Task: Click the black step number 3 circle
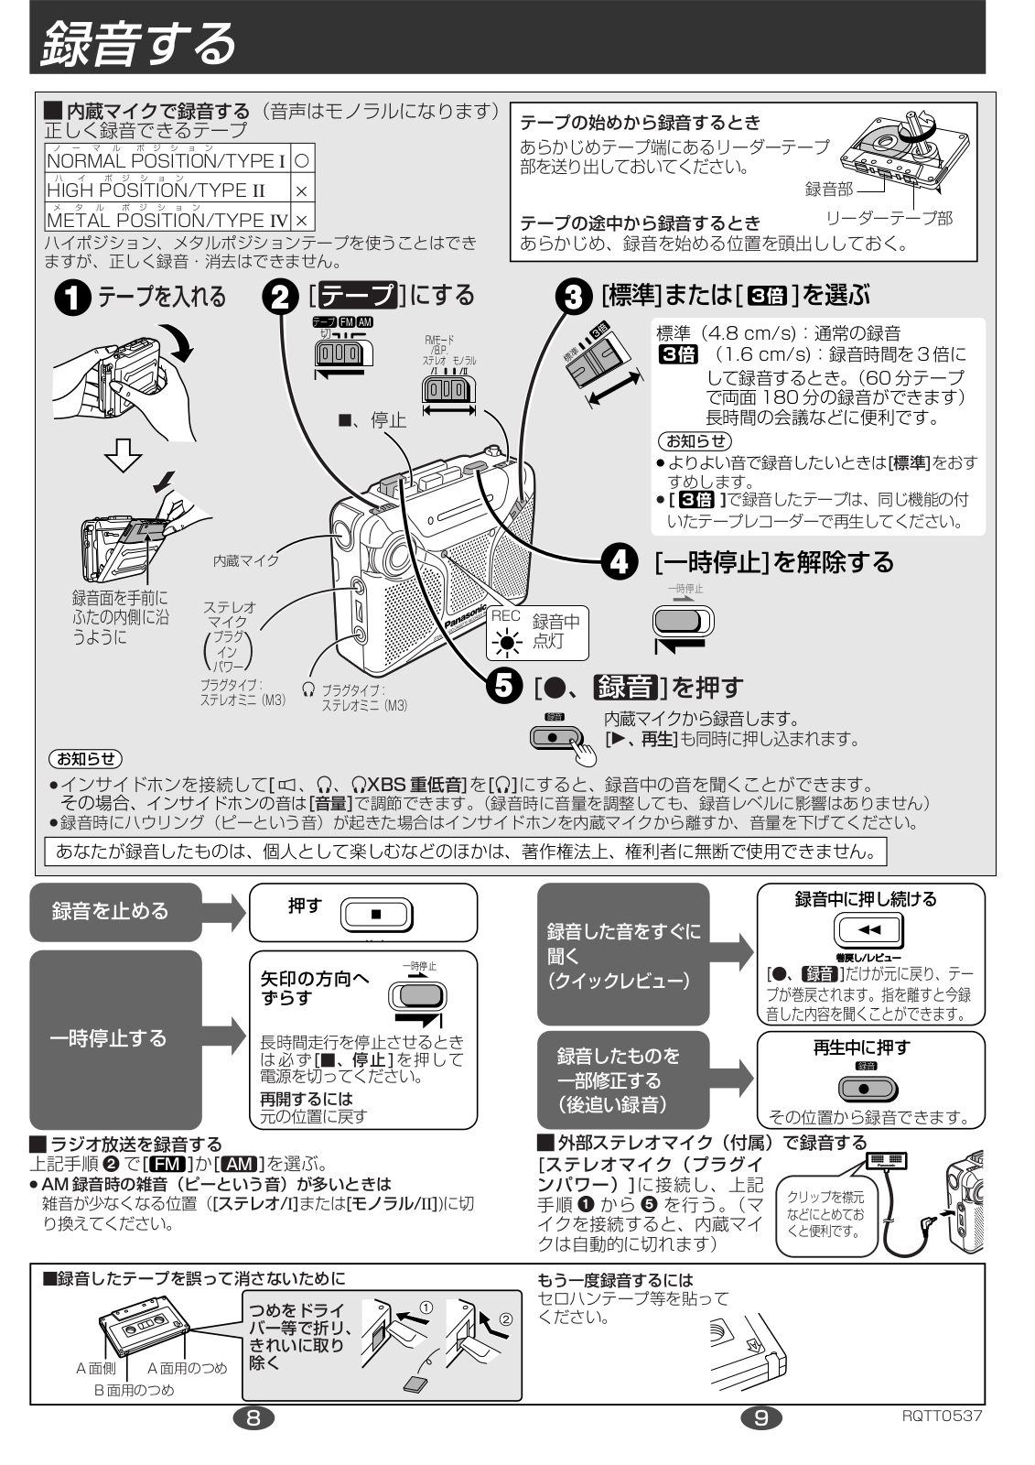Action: click(574, 296)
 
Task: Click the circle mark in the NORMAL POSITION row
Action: click(301, 161)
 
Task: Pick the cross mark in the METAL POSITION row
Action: click(301, 220)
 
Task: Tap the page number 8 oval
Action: click(253, 1417)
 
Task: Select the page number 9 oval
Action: click(761, 1417)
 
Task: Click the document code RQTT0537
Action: click(941, 1416)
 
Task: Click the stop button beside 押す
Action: click(376, 914)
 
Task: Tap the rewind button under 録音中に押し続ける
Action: click(869, 931)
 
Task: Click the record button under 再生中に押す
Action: click(868, 1090)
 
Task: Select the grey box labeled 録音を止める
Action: click(115, 911)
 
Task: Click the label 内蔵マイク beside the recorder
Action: click(246, 559)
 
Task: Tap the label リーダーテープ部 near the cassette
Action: click(889, 217)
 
